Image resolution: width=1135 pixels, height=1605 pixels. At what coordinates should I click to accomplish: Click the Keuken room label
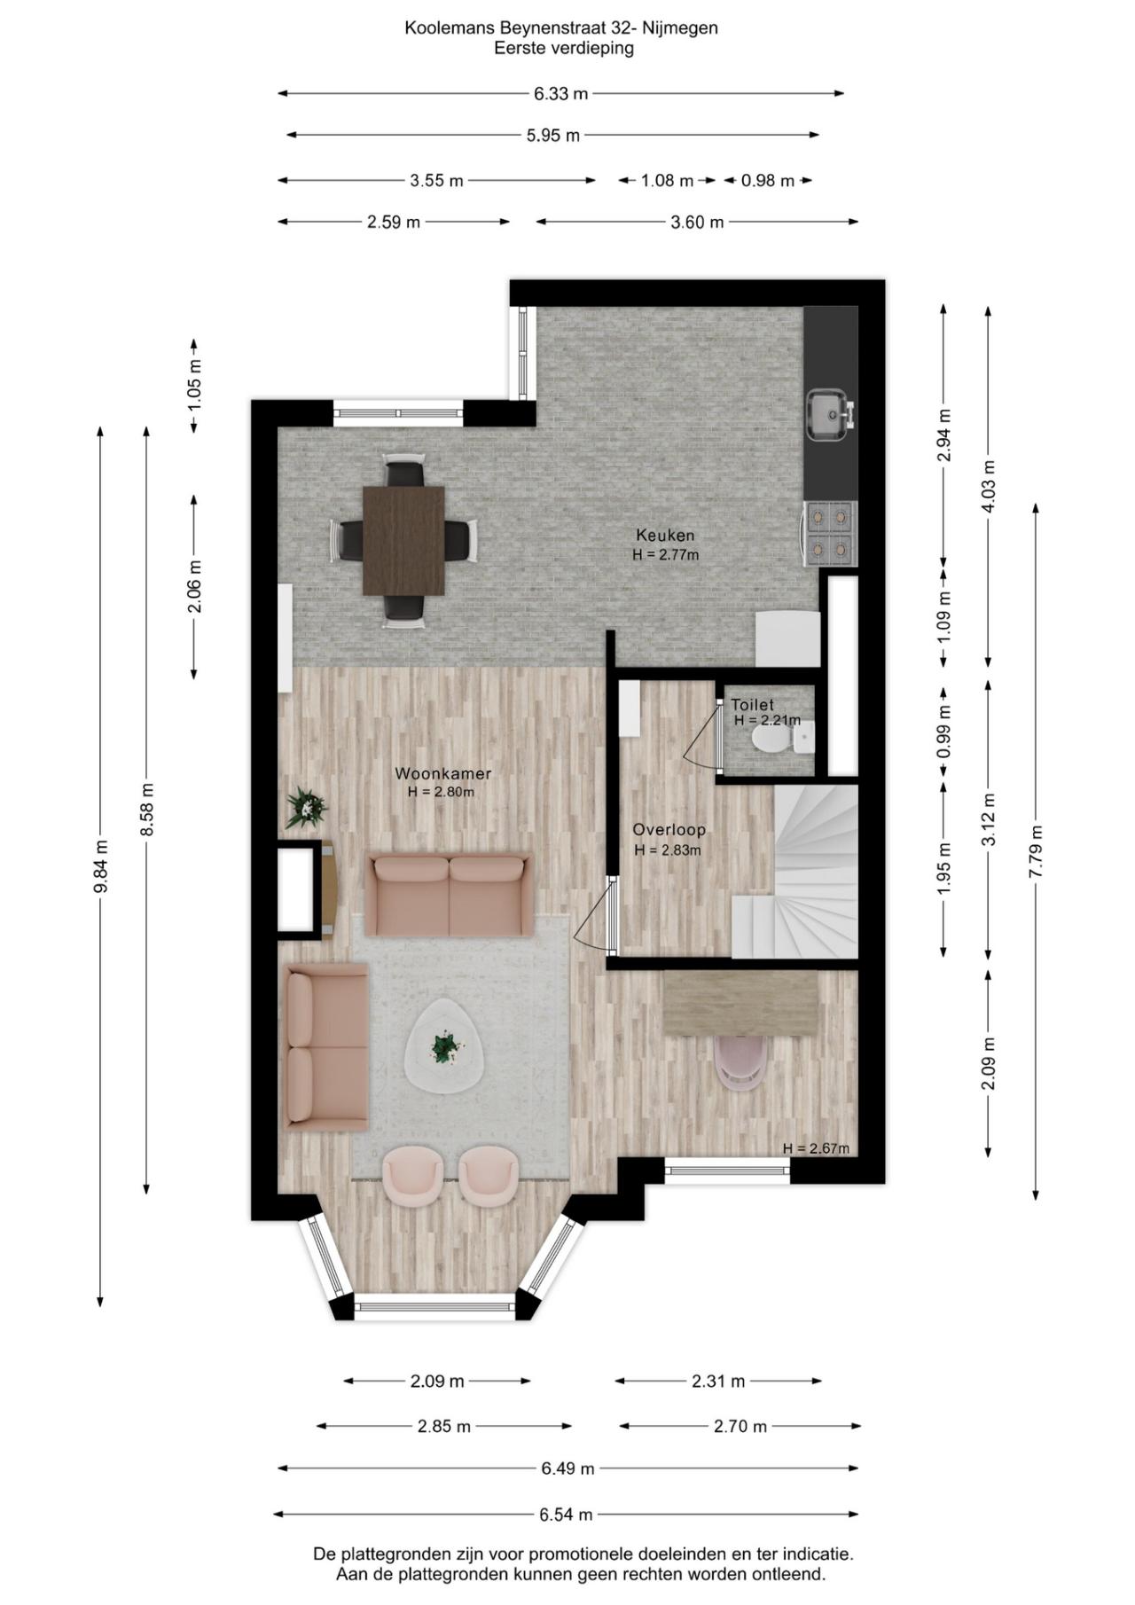(x=665, y=536)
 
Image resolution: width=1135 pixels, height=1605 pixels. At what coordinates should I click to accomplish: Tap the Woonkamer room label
(x=442, y=773)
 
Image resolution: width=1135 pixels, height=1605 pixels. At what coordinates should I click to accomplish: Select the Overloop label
(x=669, y=830)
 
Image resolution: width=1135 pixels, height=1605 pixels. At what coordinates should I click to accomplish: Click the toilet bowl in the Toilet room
(x=768, y=738)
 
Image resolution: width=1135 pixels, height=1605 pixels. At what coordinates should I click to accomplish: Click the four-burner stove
(x=830, y=534)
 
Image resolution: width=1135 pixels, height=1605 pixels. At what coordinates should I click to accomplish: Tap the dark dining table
(x=403, y=540)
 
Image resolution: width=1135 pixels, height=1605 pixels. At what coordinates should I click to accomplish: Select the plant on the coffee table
(x=444, y=1048)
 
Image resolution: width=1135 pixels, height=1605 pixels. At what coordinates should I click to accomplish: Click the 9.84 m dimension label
(x=101, y=867)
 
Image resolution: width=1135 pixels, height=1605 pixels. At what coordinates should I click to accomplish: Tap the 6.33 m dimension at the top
(x=560, y=93)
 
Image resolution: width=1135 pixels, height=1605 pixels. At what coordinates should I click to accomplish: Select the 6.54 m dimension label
(x=566, y=1515)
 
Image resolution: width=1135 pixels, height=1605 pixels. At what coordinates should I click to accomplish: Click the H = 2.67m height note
(x=816, y=1148)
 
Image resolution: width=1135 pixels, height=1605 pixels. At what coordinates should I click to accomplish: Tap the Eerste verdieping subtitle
(x=564, y=48)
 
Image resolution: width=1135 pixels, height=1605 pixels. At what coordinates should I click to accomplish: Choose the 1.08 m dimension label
(x=667, y=181)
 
